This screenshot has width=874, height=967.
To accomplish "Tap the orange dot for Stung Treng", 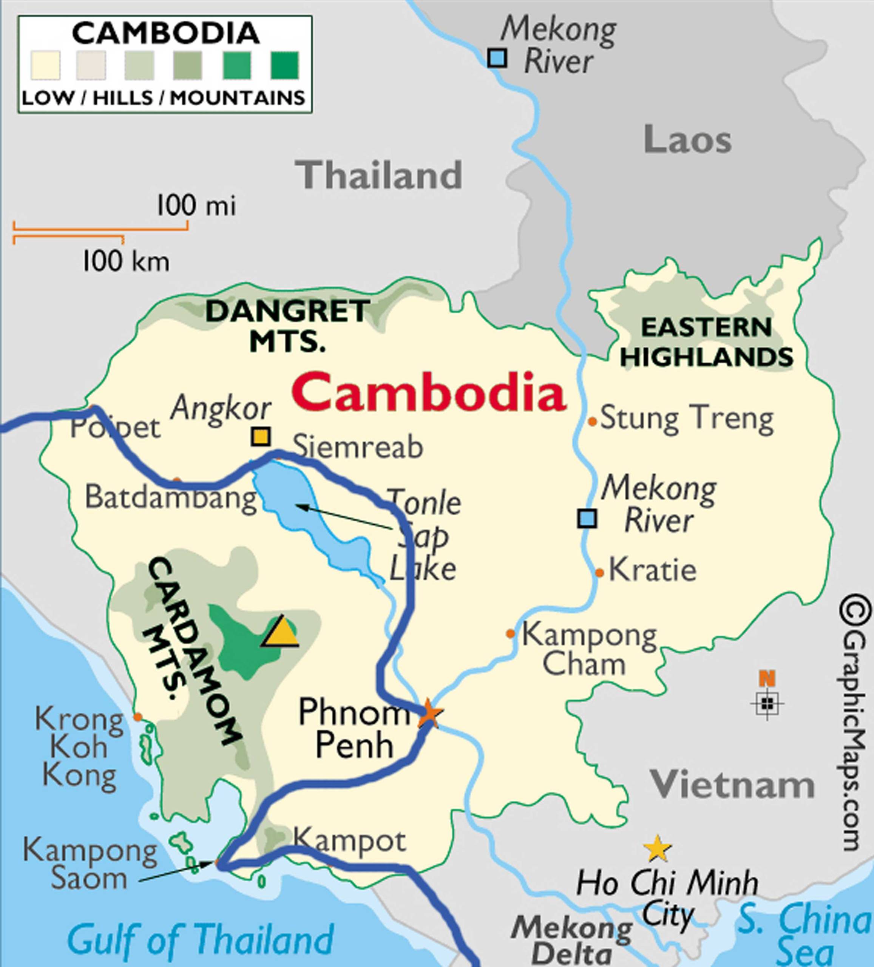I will [x=592, y=422].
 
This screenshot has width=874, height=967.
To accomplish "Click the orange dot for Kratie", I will [x=599, y=572].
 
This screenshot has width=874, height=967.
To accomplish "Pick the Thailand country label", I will [x=379, y=175].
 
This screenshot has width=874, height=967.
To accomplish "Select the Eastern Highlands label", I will [x=707, y=343].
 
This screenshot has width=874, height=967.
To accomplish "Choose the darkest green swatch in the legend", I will [x=285, y=65].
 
